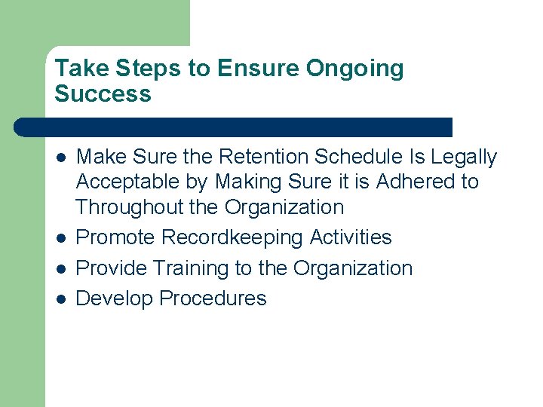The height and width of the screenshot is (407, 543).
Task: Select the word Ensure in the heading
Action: point(258,69)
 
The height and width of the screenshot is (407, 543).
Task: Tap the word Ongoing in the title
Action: point(354,69)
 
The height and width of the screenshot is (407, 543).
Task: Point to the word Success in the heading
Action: point(103,94)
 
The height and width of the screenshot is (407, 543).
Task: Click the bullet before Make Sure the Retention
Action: point(61,158)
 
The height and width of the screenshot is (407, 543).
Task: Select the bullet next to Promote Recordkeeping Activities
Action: point(61,238)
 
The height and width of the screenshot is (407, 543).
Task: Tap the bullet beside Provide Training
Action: point(61,269)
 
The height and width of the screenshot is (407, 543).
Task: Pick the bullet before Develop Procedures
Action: point(61,299)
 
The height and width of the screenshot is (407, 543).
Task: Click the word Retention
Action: point(263,157)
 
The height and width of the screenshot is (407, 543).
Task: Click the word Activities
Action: point(351,237)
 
